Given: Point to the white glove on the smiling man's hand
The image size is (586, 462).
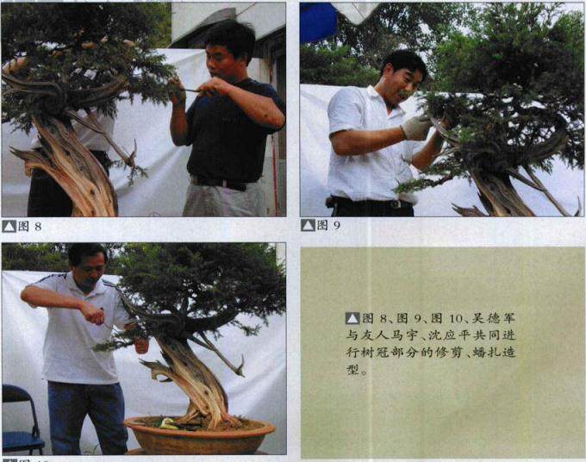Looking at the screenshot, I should click(x=416, y=128).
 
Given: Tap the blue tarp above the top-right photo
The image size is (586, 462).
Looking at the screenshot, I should click(x=319, y=22).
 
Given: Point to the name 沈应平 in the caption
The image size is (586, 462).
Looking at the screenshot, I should click(x=451, y=335).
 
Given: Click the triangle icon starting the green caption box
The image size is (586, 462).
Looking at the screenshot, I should click(x=352, y=318).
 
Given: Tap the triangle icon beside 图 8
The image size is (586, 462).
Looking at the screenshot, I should click(x=9, y=227).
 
